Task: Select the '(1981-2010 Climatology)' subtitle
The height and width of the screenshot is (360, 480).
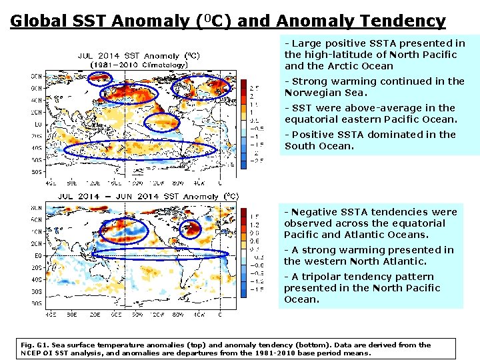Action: click(138, 65)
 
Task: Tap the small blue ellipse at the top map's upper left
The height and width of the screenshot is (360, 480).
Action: click(100, 78)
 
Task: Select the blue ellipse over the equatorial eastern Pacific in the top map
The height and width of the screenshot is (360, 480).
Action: click(162, 122)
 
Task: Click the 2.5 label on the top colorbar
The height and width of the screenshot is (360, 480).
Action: click(254, 88)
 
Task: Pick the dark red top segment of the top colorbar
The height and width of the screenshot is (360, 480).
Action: click(243, 84)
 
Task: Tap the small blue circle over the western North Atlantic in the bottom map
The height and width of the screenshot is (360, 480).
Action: click(192, 228)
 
